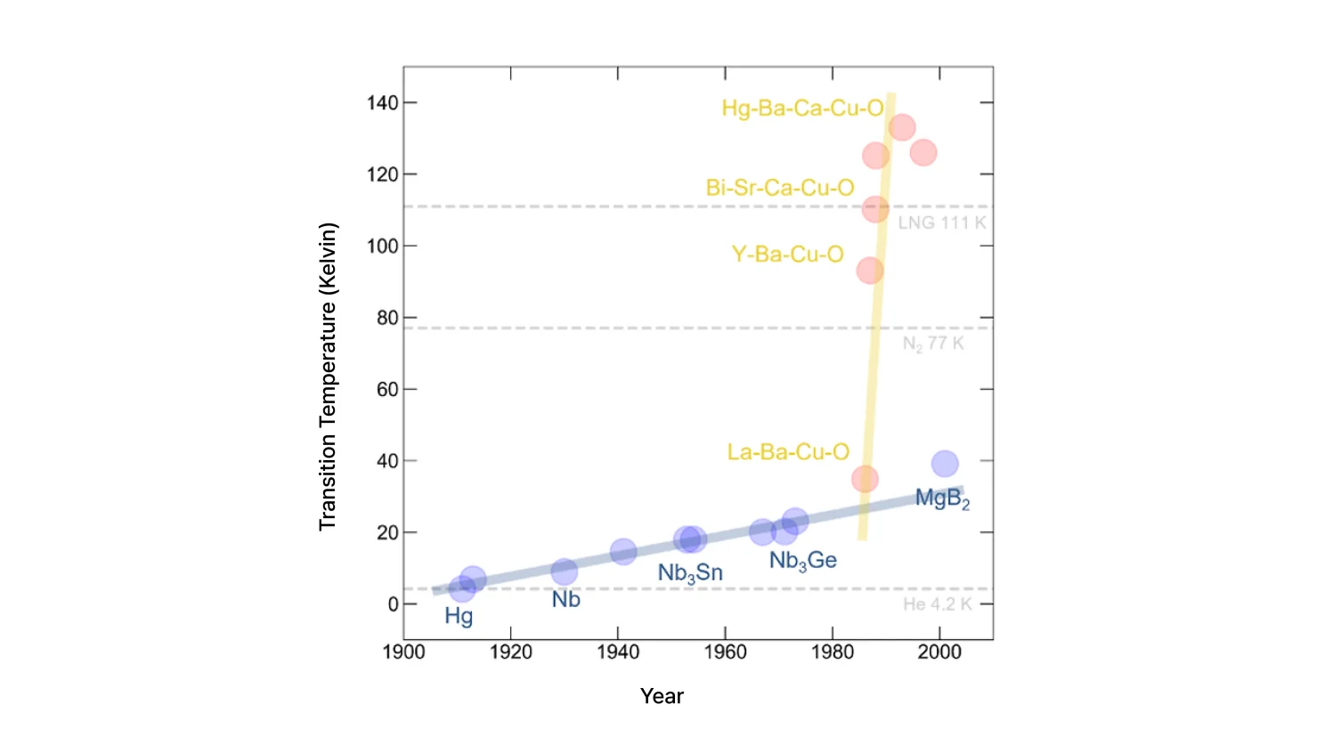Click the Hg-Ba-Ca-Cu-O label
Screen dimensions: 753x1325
coord(801,109)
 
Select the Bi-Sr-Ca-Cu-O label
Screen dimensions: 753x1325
coord(779,188)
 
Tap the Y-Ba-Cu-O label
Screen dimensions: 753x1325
coord(787,255)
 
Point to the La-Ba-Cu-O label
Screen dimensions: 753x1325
coord(787,452)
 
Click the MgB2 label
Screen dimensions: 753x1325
coord(942,498)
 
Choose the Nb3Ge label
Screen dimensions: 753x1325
coord(802,561)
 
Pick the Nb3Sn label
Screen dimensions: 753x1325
coord(690,573)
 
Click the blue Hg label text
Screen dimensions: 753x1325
coord(459,616)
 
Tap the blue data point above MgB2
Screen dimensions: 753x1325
coord(945,464)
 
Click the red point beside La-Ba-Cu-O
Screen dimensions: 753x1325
coord(865,479)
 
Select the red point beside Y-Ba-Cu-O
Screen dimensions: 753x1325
coord(870,271)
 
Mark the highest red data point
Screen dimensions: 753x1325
coord(902,127)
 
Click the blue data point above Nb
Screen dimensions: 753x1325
coord(564,571)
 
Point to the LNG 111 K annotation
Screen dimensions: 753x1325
coord(941,223)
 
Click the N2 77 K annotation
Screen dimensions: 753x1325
coord(932,344)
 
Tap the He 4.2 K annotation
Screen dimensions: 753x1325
coord(937,604)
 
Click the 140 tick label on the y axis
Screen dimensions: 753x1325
coord(382,103)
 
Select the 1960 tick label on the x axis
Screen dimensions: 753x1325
coord(725,652)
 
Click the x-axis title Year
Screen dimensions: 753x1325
coord(662,696)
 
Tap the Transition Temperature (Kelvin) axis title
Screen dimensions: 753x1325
coord(328,376)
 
